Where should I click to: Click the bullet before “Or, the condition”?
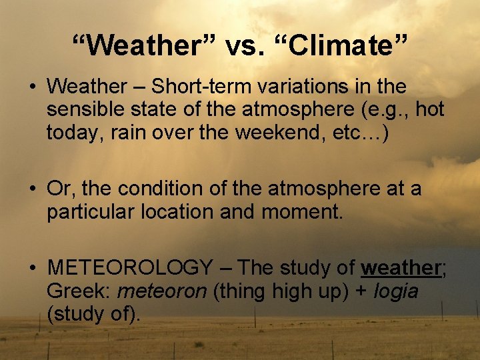pyautogui.click(x=32, y=189)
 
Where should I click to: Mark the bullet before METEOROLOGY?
pyautogui.click(x=32, y=268)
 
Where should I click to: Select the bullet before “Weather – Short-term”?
pyautogui.click(x=32, y=87)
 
